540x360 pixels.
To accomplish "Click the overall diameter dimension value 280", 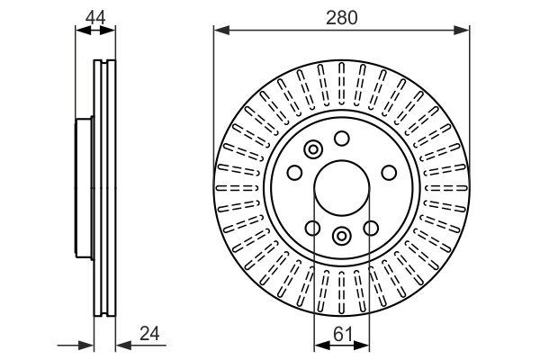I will [x=341, y=16].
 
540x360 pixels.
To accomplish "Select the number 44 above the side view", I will [x=95, y=16].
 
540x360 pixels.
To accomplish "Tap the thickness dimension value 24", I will [x=149, y=333].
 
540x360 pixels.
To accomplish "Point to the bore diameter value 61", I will [x=341, y=333].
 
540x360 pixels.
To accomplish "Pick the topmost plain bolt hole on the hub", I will [x=341, y=138].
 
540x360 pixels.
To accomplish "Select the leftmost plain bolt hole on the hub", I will [x=294, y=173].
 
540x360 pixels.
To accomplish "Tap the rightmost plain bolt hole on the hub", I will [x=389, y=173].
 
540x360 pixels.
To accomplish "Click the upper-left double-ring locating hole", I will [x=313, y=150].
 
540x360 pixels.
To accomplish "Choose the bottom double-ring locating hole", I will [x=341, y=236].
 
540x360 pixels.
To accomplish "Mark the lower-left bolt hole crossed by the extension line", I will [x=313, y=228].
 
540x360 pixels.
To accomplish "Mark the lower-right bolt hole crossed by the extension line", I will [x=370, y=228].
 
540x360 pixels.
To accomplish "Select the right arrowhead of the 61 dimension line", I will [x=363, y=344].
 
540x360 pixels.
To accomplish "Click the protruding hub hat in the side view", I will [x=84, y=188].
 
